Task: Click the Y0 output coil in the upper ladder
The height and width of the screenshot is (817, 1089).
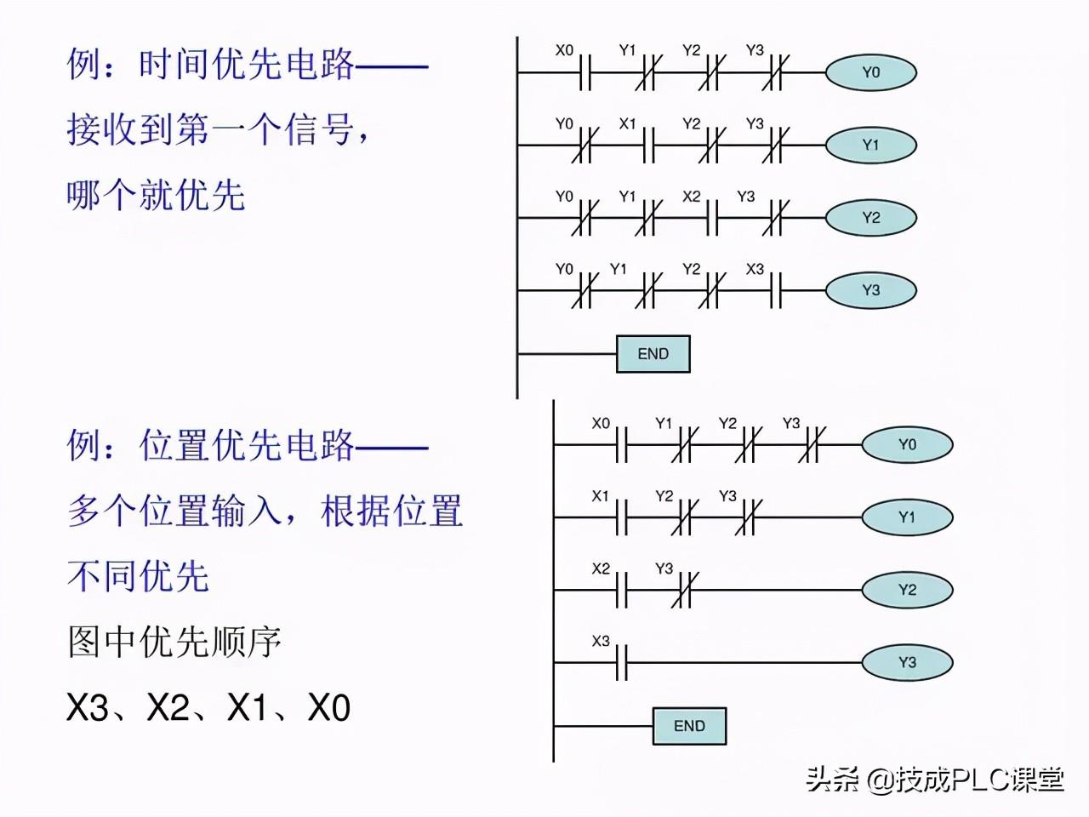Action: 870,73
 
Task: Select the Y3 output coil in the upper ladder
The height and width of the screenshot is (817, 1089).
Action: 870,290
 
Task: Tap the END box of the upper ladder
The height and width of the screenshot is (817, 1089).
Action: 653,354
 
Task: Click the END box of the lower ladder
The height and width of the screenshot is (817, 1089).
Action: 689,726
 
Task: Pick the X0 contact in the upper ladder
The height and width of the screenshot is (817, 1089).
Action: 584,73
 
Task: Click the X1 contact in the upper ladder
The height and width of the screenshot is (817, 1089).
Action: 647,146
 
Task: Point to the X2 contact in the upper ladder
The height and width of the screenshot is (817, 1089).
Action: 711,218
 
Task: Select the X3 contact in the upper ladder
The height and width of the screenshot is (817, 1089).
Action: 774,290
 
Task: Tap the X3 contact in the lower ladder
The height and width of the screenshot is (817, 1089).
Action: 621,662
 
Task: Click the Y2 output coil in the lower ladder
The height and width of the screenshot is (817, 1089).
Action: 907,590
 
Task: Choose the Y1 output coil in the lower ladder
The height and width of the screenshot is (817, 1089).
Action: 907,517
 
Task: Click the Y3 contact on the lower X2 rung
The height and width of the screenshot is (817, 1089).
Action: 684,590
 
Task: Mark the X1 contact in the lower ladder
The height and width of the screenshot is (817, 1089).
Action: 621,517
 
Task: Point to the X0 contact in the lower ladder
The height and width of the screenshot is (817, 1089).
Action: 621,445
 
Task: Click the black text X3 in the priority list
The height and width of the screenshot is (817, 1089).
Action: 88,708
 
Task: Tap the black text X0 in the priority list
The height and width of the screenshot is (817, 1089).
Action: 328,708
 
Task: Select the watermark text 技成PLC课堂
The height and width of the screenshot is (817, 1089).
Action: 978,779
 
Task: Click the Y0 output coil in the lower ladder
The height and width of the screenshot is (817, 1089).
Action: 907,445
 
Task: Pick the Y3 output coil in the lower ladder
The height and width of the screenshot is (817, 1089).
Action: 907,662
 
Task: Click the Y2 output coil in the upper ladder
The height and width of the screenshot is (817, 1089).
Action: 870,218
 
